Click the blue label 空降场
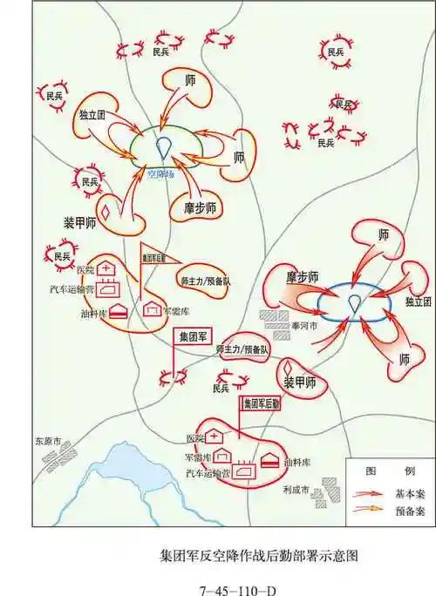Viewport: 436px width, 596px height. [160, 173]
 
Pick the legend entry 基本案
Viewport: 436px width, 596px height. [404, 491]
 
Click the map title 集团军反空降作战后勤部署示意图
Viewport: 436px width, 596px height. [260, 554]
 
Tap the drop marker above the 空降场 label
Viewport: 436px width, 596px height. [163, 148]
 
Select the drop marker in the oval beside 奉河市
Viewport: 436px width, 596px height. [353, 303]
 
